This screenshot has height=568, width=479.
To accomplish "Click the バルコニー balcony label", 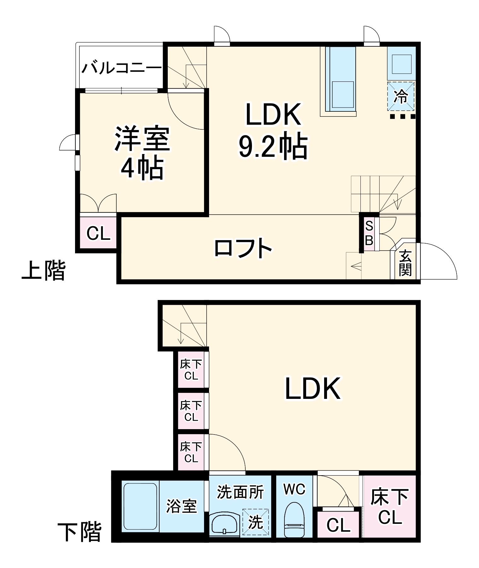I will coord(121,68).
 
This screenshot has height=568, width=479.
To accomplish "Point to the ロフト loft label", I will coord(243,248).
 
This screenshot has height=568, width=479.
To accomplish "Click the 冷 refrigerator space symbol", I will coord(401,96).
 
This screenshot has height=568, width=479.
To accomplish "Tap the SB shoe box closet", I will coord(369,233).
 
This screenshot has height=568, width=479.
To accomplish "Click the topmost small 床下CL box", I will coord(191,370).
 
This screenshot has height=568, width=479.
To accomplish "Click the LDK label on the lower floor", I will coord(313,389).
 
